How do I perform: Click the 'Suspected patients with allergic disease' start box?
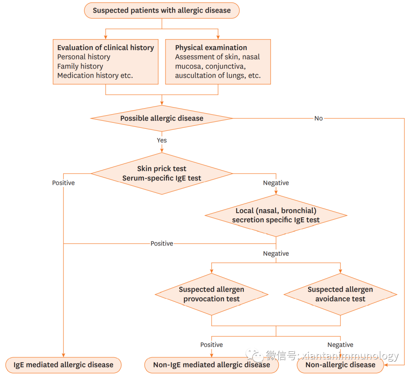[162, 10]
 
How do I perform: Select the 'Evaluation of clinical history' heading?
[106, 48]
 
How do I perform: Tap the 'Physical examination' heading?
[211, 48]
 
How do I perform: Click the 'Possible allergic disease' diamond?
[162, 118]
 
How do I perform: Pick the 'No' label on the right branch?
[319, 118]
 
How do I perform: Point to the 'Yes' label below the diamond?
[162, 140]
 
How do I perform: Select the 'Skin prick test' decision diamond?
[162, 173]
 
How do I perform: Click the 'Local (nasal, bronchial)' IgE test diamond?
[276, 215]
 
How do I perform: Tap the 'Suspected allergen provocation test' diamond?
[211, 294]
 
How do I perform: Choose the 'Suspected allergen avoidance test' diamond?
[340, 294]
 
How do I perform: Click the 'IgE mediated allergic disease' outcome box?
[63, 365]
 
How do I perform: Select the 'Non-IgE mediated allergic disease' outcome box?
[211, 365]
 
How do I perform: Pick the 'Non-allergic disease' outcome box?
[340, 365]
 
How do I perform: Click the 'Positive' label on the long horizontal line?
[162, 243]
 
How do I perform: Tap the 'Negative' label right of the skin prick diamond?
[276, 183]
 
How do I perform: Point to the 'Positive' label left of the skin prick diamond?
[63, 183]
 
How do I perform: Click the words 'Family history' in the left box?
[80, 66]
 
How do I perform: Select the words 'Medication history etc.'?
[95, 75]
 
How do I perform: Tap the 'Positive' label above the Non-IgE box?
[211, 345]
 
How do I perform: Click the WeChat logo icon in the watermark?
[254, 356]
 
